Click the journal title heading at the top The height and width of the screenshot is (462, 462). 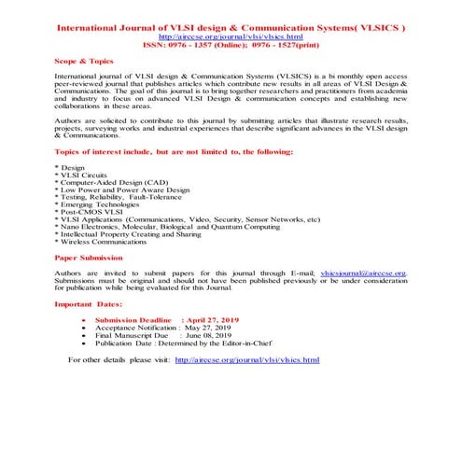pos(231,29)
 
